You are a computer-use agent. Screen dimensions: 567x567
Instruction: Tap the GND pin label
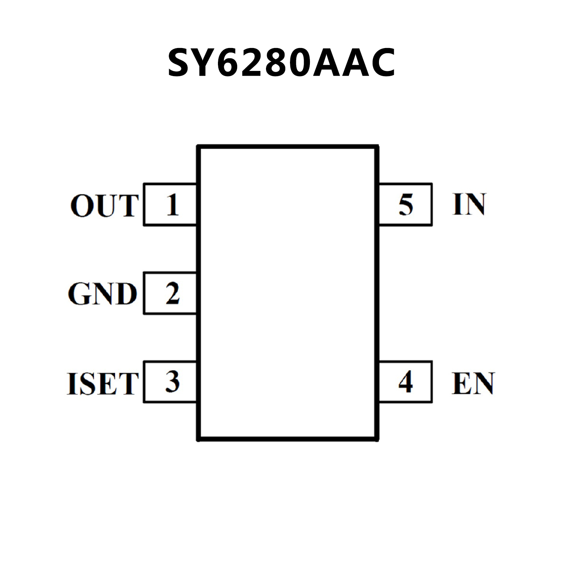pos(102,294)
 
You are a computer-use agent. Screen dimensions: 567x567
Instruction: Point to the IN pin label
pos(469,204)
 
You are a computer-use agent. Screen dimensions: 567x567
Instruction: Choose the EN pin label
pos(473,383)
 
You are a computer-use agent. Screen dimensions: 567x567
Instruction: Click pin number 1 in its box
pos(172,205)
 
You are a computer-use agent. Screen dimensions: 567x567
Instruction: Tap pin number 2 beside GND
pos(173,294)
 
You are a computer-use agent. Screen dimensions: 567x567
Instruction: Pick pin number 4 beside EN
pos(406,382)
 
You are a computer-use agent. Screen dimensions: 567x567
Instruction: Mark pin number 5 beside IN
pos(406,205)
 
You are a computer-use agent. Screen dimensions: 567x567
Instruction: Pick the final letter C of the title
pos(382,63)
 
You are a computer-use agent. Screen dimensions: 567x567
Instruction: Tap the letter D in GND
pos(125,294)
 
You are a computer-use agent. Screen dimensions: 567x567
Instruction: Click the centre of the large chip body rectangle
pos(288,293)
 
